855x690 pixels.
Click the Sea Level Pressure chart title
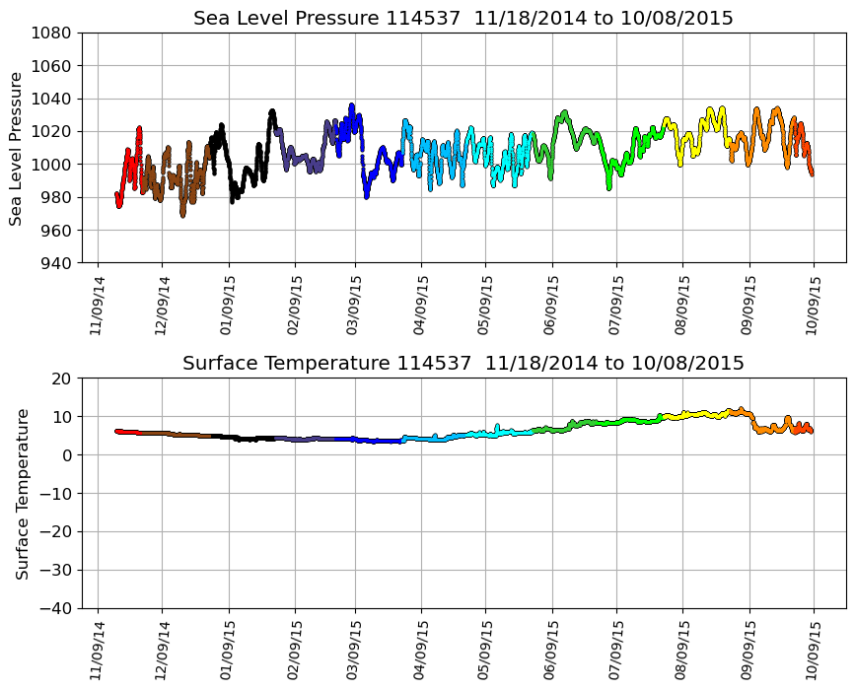463,19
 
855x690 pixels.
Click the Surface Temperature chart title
463,364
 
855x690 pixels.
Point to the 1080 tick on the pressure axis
55,33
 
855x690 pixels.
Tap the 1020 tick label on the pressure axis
55,131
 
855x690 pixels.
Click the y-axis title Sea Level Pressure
16,148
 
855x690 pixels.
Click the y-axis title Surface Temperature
22,493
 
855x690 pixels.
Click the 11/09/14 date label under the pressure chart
97,306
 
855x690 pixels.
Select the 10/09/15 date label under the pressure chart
814,306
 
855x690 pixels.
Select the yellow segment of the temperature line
690,415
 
